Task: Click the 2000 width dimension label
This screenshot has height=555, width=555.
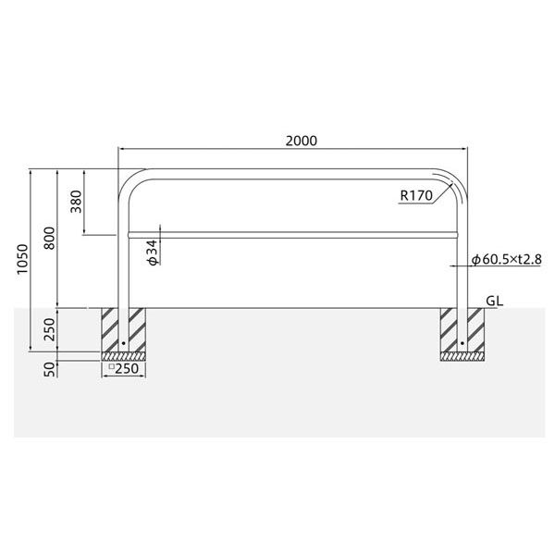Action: pyautogui.click(x=302, y=141)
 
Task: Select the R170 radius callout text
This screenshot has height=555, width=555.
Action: pyautogui.click(x=416, y=195)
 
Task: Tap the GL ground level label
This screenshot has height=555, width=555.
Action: pyautogui.click(x=494, y=301)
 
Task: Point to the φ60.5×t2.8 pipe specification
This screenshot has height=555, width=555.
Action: pyautogui.click(x=507, y=259)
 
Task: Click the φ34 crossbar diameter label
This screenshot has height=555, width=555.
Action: pyautogui.click(x=153, y=253)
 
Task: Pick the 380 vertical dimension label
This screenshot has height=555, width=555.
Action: pyautogui.click(x=76, y=202)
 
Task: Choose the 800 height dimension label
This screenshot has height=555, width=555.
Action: pyautogui.click(x=50, y=239)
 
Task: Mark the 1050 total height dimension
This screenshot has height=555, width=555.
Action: pyautogui.click(x=23, y=259)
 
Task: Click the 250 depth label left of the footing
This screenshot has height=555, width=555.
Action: pyautogui.click(x=50, y=329)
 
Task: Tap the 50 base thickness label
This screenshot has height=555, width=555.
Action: pyautogui.click(x=50, y=369)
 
